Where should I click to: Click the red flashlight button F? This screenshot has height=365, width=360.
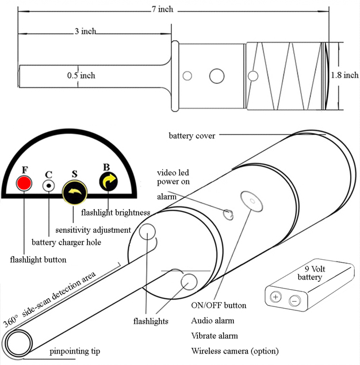[x=24, y=184]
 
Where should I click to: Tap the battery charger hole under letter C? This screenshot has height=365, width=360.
[x=49, y=185]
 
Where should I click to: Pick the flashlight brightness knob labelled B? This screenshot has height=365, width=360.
[x=108, y=182]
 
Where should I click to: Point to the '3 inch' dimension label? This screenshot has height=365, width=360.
[x=85, y=31]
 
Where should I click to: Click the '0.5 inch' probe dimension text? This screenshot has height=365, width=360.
[x=81, y=75]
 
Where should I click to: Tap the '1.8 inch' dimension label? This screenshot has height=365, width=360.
[x=344, y=75]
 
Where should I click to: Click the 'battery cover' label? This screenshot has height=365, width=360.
[x=192, y=136]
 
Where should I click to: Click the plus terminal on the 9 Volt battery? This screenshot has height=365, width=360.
[x=275, y=297]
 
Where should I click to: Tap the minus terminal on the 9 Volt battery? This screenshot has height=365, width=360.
[x=294, y=300]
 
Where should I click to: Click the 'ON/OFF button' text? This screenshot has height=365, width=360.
[x=219, y=305]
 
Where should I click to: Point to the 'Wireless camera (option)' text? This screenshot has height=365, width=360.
[x=235, y=351]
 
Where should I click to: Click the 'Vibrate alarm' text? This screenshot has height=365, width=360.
[x=215, y=336]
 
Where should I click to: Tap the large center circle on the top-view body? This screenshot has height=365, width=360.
[x=217, y=75]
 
